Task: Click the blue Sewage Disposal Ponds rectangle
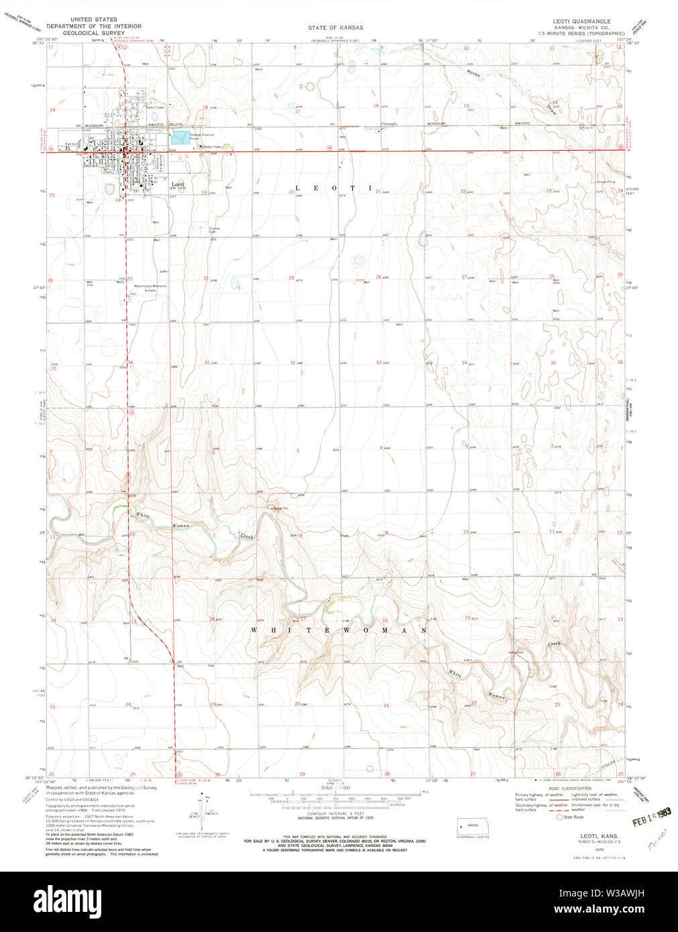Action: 180,138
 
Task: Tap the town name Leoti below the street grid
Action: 177,184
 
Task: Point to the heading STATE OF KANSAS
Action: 335,27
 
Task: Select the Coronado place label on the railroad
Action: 390,124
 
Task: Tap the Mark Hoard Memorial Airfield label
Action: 150,288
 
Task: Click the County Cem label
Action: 215,230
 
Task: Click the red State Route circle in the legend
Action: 559,817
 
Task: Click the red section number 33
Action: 378,363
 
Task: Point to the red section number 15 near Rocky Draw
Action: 466,107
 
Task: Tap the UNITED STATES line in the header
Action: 90,20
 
